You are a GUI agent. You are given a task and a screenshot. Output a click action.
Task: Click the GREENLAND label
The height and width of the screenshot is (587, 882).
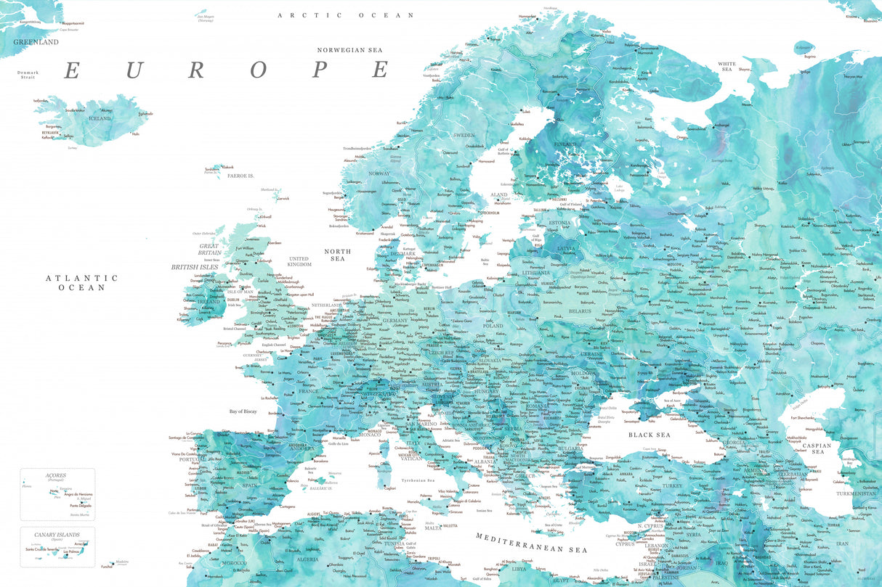point(36,42)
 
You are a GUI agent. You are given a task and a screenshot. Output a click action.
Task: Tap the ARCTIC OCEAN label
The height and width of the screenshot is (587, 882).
point(346,15)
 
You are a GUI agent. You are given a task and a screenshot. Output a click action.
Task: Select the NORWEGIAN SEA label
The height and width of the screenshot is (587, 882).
point(349,50)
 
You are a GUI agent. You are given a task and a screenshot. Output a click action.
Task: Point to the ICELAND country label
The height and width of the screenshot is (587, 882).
point(100,118)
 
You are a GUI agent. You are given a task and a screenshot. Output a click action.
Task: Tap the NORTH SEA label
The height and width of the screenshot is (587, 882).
point(338,255)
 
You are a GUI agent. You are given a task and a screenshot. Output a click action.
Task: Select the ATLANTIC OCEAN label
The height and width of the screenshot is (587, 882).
point(81,282)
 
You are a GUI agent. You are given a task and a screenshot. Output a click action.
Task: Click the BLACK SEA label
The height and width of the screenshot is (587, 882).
point(650,435)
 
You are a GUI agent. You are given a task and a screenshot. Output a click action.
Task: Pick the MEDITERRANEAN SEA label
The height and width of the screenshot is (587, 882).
point(531,543)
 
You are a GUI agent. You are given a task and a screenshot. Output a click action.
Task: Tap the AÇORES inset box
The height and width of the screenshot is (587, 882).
point(57,493)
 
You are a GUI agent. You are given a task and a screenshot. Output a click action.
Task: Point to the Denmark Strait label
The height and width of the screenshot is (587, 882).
point(29,74)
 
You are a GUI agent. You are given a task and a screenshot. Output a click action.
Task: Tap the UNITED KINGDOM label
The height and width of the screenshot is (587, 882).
point(299,261)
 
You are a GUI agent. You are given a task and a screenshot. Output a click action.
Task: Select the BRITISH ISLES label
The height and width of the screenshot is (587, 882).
point(194,267)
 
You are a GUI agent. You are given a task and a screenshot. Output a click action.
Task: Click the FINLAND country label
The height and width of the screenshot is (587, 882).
point(565,144)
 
